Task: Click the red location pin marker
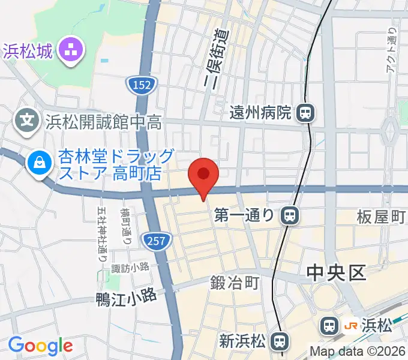tap(203, 176)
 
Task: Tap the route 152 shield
tap(139, 86)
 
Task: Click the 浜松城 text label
tap(29, 49)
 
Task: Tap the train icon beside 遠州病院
tap(306, 112)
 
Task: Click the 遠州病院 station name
tap(262, 112)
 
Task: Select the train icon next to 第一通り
tap(290, 215)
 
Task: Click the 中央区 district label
tap(335, 274)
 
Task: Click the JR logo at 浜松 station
tap(351, 326)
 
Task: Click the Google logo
tap(40, 346)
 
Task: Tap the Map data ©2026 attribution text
tap(358, 352)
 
